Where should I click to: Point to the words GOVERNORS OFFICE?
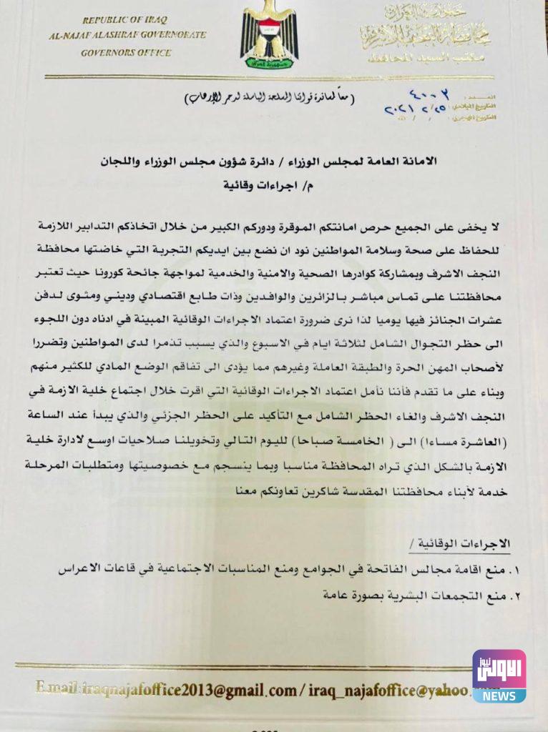tap(126, 52)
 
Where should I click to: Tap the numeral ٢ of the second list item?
tap(501, 594)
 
